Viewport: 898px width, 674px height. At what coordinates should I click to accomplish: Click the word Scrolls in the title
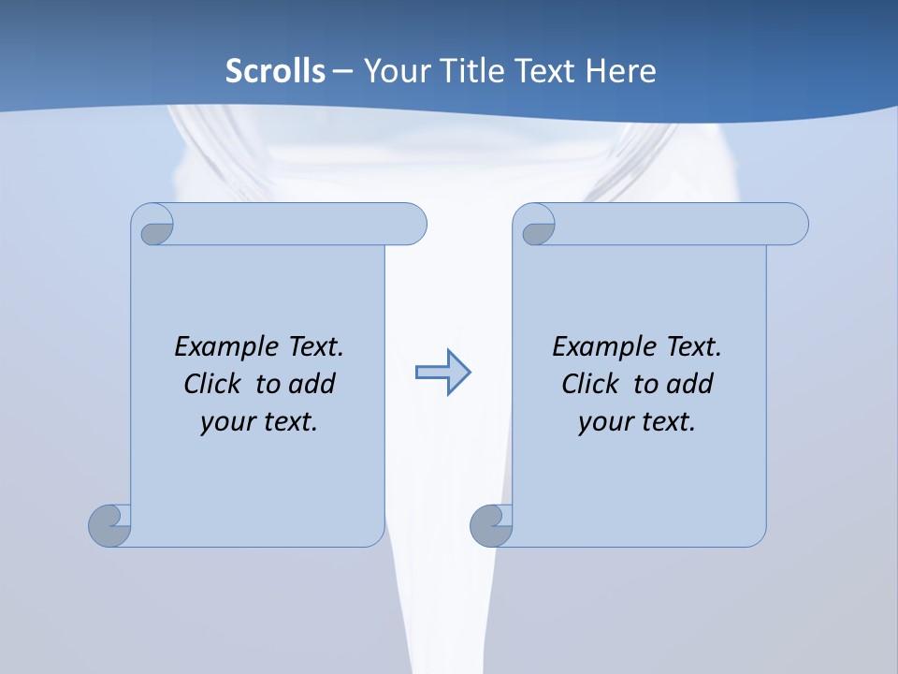[275, 71]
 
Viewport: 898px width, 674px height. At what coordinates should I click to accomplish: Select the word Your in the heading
[394, 71]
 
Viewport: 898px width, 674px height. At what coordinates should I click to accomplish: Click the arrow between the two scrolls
[442, 373]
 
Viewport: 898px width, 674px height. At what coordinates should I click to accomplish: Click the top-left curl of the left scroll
[155, 228]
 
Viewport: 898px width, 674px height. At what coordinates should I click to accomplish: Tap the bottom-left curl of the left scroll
[109, 525]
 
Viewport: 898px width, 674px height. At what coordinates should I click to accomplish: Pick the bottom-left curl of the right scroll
[491, 525]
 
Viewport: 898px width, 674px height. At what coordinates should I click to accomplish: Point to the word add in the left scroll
[311, 384]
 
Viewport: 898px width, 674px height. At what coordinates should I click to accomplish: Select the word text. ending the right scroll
[665, 422]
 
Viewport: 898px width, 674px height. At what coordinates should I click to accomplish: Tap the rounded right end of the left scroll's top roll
[412, 224]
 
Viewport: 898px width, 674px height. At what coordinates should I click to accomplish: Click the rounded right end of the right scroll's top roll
[793, 224]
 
